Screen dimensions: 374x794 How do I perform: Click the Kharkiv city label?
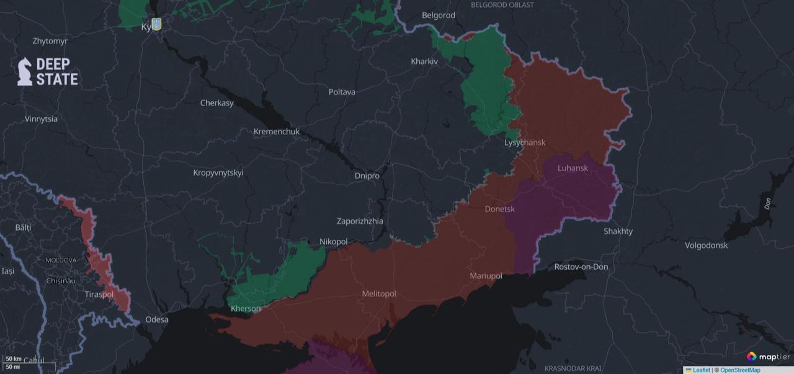point(424,62)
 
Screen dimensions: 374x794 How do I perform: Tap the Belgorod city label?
point(438,15)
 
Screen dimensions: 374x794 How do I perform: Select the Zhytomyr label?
point(50,41)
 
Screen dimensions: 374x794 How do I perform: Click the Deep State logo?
point(48,71)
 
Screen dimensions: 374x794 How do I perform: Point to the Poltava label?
point(342,92)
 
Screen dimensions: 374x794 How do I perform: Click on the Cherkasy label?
point(216,103)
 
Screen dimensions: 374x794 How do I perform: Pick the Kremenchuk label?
point(276,132)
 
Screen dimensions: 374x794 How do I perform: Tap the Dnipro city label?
point(367,176)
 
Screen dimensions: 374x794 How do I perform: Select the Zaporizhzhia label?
point(360,221)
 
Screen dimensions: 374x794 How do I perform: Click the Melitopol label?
point(378,294)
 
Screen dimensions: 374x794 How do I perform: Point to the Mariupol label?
point(486,276)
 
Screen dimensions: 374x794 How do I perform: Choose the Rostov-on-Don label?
point(581,267)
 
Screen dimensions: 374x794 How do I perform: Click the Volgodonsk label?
point(706,245)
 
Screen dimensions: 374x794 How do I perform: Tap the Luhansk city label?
point(573,168)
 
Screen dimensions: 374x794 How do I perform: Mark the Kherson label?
point(246,309)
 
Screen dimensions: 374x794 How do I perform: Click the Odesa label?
point(156,320)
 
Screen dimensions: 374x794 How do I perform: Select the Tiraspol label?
point(99,294)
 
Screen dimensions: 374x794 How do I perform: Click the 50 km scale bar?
point(14,359)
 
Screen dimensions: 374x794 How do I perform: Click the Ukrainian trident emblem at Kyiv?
point(156,24)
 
